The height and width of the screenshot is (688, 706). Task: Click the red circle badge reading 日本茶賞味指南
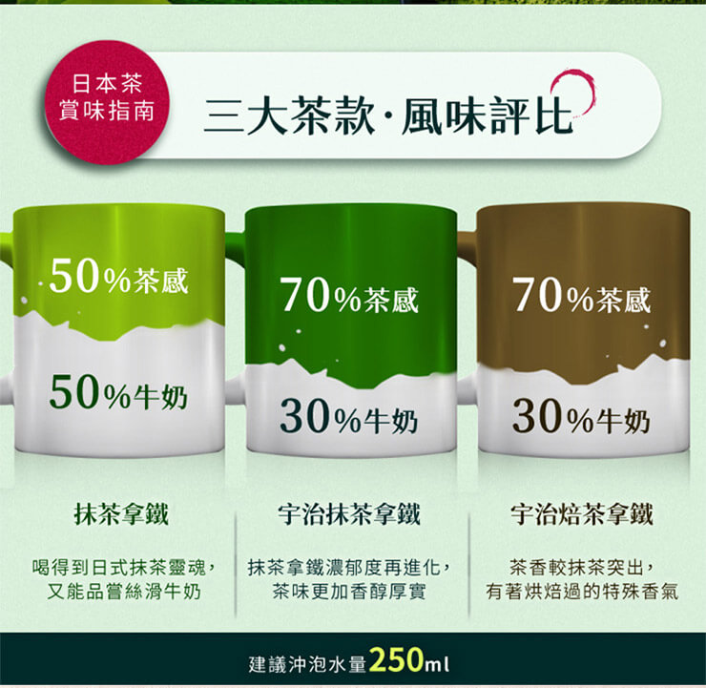(107, 102)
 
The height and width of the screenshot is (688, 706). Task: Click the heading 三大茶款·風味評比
(388, 116)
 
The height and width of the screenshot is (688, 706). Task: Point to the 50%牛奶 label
(118, 394)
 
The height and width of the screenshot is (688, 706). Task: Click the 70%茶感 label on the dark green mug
(349, 297)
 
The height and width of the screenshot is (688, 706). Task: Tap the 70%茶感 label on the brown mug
(582, 297)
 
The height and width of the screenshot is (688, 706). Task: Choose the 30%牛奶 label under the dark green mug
(349, 418)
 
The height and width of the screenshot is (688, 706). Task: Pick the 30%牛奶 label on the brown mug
(582, 418)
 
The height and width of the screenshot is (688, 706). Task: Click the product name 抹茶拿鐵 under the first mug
(121, 513)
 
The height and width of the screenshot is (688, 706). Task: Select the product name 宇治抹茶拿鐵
(349, 513)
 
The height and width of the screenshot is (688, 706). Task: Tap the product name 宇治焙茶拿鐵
(582, 513)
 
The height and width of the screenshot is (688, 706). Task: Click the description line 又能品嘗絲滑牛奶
(124, 592)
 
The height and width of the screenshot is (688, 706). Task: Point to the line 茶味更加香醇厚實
(349, 592)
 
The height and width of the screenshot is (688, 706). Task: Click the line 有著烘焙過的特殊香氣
(582, 592)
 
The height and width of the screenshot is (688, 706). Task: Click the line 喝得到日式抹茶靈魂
(125, 568)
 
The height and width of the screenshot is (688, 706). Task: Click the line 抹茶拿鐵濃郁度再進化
(349, 568)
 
